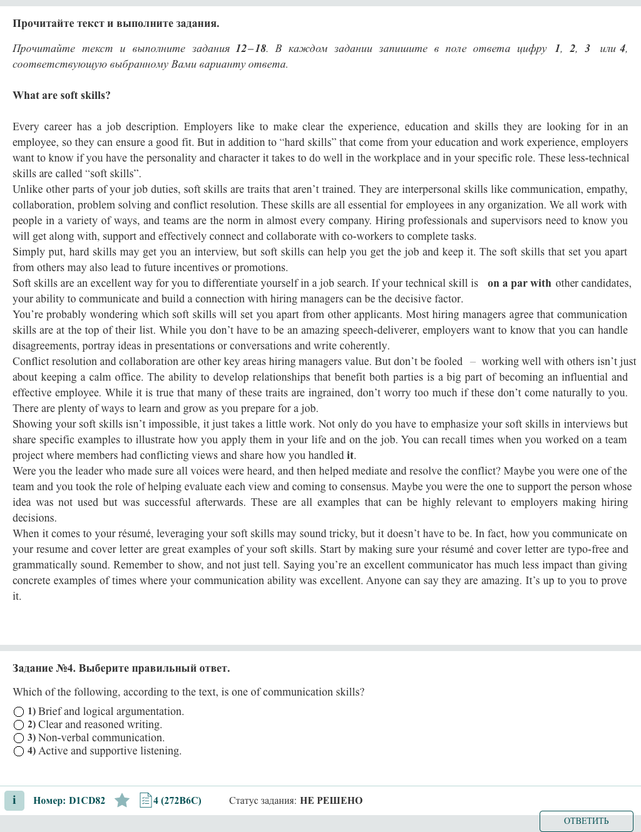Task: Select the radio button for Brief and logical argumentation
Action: pyautogui.click(x=19, y=712)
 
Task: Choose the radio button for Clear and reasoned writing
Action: pyautogui.click(x=19, y=725)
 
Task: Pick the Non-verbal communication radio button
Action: pyautogui.click(x=19, y=738)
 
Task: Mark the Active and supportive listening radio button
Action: pyautogui.click(x=19, y=751)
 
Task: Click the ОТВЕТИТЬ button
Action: pyautogui.click(x=586, y=821)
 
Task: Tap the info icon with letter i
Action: pyautogui.click(x=14, y=800)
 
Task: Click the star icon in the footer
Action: pyautogui.click(x=122, y=800)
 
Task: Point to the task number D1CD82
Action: pyautogui.click(x=86, y=800)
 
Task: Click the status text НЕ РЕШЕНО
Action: pyautogui.click(x=331, y=800)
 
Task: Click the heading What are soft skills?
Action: pyautogui.click(x=61, y=95)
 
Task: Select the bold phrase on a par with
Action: pyautogui.click(x=519, y=283)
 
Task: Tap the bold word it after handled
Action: pyautogui.click(x=351, y=455)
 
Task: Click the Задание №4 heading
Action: pyautogui.click(x=121, y=668)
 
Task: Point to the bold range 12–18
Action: pyautogui.click(x=250, y=48)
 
